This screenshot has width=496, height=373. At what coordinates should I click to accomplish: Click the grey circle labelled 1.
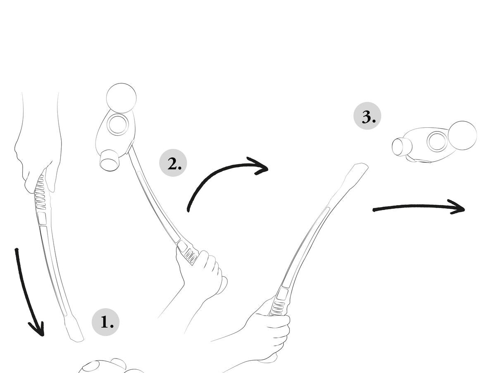pyautogui.click(x=105, y=322)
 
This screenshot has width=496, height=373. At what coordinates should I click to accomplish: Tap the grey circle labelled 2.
pyautogui.click(x=173, y=163)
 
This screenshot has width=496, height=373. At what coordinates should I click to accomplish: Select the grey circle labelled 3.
pyautogui.click(x=367, y=116)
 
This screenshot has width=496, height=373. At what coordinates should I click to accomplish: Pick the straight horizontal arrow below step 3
pyautogui.click(x=418, y=206)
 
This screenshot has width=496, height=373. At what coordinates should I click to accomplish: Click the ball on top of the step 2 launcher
pyautogui.click(x=122, y=98)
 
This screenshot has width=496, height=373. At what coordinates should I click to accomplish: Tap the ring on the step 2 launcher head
pyautogui.click(x=117, y=124)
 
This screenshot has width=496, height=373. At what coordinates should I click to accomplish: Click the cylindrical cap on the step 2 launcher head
pyautogui.click(x=110, y=160)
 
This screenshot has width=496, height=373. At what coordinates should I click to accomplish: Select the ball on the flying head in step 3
pyautogui.click(x=463, y=135)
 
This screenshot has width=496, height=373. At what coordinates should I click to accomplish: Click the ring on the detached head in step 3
pyautogui.click(x=437, y=141)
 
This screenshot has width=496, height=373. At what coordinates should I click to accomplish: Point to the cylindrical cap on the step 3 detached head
pyautogui.click(x=401, y=147)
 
